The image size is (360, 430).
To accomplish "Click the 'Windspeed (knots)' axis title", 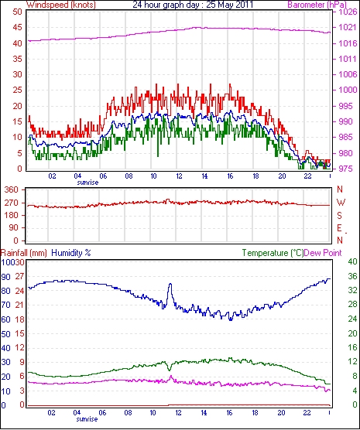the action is pos(61,5).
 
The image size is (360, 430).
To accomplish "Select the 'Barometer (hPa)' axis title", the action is pos(317,5).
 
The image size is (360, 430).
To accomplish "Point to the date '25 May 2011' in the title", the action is pos(229,5).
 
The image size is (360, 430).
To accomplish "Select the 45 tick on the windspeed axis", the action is pos(17,27).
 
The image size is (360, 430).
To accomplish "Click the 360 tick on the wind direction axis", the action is pos(12,189).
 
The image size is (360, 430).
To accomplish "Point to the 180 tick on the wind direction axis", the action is pos(12,215).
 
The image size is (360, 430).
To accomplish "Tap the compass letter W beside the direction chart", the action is pos(341,203).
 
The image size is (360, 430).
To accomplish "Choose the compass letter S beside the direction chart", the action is pos(340,216).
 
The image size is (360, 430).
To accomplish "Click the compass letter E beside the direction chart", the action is pos(340,228).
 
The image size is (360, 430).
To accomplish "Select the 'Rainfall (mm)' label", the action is pos(24,253).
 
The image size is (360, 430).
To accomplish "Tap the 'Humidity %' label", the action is pos(71,253).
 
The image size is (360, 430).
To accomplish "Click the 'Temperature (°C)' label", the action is pos(273,253).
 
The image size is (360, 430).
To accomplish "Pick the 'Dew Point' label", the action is pos(323,253).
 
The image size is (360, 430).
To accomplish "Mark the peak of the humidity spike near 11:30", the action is pos(170,284).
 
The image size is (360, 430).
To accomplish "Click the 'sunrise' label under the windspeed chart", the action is pos(87,183).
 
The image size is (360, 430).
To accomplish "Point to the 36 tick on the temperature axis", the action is pos(352,276).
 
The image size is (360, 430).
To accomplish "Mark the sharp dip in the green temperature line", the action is pos(169,370).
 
